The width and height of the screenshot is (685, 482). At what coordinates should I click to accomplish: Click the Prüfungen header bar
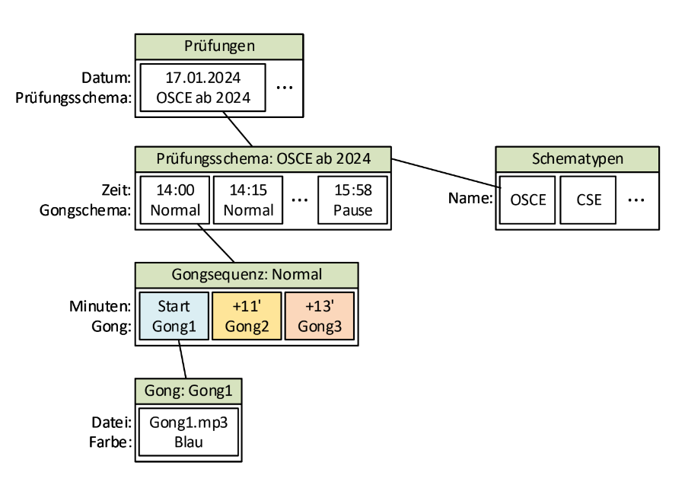click(219, 47)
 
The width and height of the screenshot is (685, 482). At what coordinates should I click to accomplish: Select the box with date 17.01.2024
click(203, 88)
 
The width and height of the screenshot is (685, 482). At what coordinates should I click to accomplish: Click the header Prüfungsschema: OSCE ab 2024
click(263, 159)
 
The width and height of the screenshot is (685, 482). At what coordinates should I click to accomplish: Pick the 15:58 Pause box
click(352, 200)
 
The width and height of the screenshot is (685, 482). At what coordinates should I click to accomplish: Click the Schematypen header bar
click(578, 159)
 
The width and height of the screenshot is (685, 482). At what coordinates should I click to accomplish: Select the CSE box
click(589, 200)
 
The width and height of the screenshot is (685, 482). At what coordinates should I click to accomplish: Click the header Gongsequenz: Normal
click(247, 274)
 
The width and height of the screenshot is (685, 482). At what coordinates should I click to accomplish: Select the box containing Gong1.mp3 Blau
click(189, 433)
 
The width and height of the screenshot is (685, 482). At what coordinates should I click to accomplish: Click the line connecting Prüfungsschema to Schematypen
click(445, 171)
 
